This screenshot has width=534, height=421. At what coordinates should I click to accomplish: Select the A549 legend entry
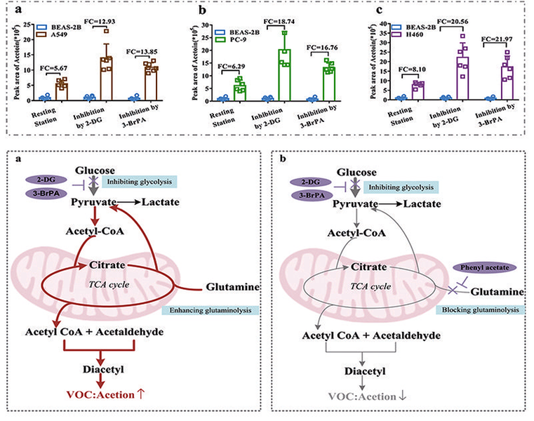[x=52, y=34]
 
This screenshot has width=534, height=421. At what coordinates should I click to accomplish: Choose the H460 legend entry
[x=407, y=34]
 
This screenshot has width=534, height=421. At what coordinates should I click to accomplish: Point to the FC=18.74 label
[x=279, y=22]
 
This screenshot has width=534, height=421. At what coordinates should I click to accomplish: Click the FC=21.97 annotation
[x=497, y=39]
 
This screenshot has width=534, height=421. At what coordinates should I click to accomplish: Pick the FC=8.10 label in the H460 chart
[x=412, y=69]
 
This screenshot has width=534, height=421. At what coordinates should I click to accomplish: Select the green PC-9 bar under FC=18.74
[x=284, y=75]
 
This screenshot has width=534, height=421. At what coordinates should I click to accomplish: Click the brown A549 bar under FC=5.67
[x=62, y=92]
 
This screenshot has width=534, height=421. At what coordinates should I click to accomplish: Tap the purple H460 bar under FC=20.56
[x=462, y=79]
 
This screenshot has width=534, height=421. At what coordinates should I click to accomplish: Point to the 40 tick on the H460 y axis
[x=382, y=24]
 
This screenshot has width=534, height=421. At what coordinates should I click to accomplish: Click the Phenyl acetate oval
[x=484, y=267]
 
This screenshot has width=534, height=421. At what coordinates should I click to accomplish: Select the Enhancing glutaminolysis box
[x=210, y=310]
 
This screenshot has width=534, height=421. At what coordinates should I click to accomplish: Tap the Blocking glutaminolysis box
[x=480, y=309]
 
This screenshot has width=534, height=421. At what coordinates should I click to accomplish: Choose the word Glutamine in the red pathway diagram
[x=232, y=287]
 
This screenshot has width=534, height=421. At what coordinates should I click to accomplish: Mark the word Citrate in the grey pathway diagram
[x=369, y=267]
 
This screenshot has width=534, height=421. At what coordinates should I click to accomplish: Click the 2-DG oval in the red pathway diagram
[x=46, y=180]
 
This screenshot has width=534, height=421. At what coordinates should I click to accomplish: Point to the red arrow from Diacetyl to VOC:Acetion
[x=100, y=381]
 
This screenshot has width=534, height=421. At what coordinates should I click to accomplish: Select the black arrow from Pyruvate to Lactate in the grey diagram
[x=390, y=204]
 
